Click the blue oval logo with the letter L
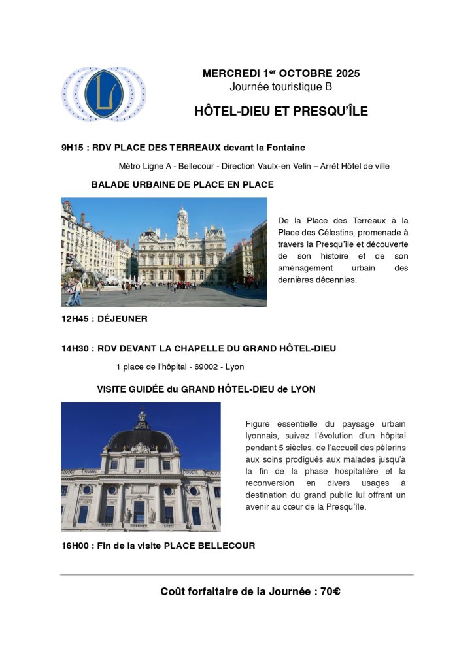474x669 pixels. [104, 93]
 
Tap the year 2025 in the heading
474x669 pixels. [345, 74]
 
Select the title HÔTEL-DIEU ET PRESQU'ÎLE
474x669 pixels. [281, 111]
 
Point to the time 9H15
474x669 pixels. [73, 148]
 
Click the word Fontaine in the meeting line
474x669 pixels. [286, 148]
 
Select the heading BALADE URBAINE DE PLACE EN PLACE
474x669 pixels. [182, 185]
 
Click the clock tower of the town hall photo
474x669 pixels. [182, 222]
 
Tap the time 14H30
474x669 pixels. [75, 349]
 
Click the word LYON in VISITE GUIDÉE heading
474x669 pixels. [303, 389]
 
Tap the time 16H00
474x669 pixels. [75, 546]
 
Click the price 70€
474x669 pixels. [330, 592]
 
